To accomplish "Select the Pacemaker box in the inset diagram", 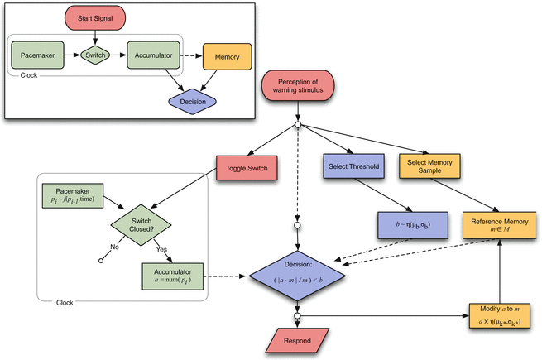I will tap(38, 57).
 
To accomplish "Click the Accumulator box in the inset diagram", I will tap(155, 57).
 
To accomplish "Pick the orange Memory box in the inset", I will tap(228, 57).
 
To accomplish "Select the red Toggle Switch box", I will tap(245, 168).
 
